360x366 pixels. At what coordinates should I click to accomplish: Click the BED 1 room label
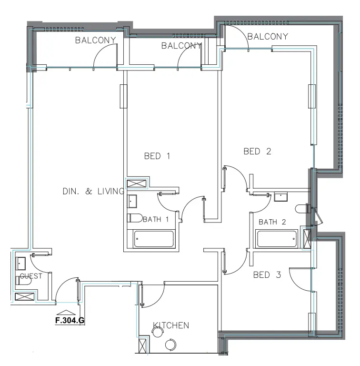(157, 156)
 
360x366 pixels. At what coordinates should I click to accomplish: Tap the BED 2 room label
(257, 152)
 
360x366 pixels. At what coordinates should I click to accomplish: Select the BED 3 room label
(267, 275)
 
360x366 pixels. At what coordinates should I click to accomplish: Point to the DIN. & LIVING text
(93, 191)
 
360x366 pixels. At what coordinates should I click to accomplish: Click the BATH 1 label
(156, 219)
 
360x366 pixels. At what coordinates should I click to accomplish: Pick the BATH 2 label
(272, 222)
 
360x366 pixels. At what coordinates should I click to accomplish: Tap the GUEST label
(31, 275)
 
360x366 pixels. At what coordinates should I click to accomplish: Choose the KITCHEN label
(171, 325)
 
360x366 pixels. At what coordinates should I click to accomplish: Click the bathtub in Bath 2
(277, 238)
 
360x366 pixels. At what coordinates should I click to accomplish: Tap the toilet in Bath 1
(135, 218)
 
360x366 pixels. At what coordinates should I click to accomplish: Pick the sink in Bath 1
(132, 201)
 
